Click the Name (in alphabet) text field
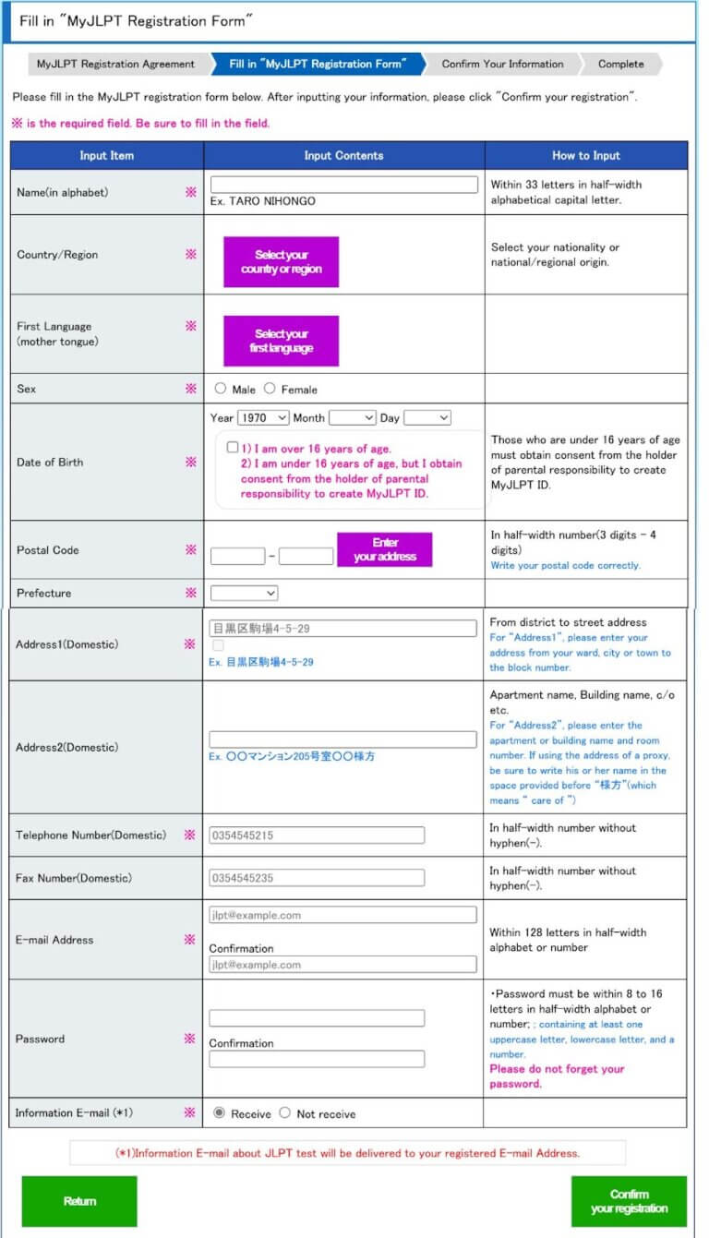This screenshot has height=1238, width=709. coord(344,185)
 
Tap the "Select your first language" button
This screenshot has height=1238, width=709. coord(281,341)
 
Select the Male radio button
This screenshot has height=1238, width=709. coord(221,389)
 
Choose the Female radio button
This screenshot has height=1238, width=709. coord(270,389)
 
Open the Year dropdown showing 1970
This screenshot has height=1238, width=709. coord(263,418)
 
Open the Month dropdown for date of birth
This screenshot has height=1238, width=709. coord(352,418)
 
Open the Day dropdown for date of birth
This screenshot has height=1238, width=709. coord(427,418)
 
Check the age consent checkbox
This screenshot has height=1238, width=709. coord(233,448)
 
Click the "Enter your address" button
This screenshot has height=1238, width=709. coord(384,549)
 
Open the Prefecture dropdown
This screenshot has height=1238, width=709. coord(244,593)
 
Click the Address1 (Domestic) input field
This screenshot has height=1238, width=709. coord(342,629)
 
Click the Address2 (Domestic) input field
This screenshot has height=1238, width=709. coord(342,739)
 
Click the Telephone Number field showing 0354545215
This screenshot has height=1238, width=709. coord(317,835)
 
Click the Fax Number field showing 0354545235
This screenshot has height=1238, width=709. coord(317,878)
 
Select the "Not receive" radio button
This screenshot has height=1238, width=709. coord(284,1113)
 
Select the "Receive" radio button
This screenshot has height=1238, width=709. coord(219,1113)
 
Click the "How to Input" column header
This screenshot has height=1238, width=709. coord(586,155)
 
